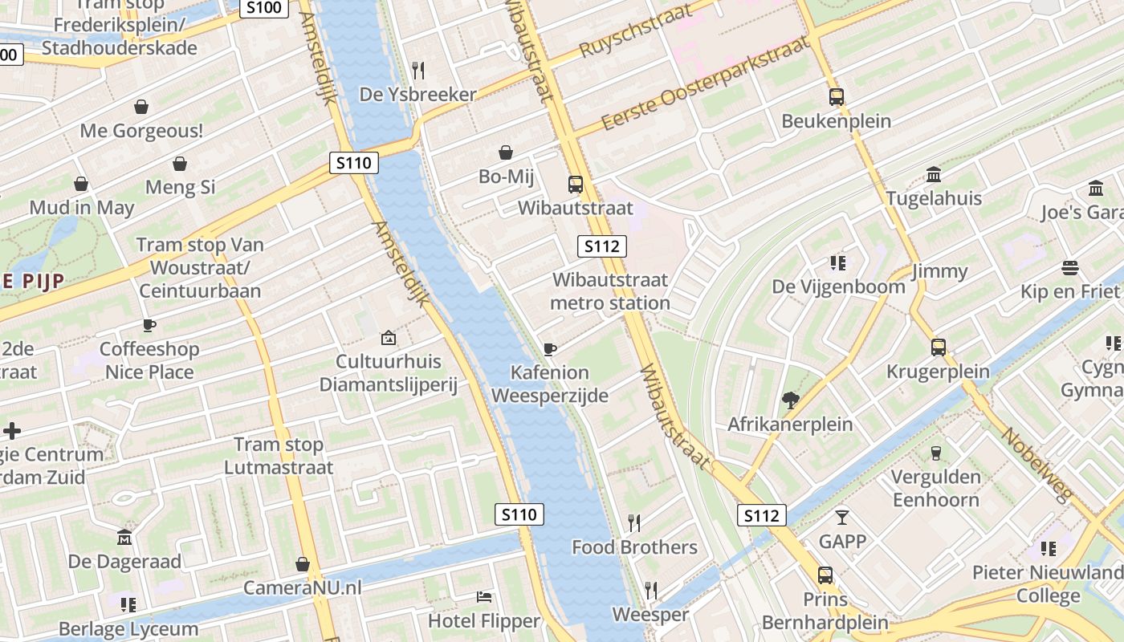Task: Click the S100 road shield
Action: point(264,8)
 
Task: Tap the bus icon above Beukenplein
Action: point(837,97)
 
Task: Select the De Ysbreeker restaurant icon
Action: point(417,70)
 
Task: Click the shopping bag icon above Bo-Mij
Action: point(506,152)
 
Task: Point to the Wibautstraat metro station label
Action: point(611,291)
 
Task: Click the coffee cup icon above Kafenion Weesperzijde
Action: point(550,348)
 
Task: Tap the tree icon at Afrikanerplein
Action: point(790,400)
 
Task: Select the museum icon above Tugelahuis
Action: point(934,174)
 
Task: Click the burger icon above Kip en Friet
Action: point(1069,267)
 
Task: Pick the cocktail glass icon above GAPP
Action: point(842,517)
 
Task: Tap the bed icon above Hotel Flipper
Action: point(484,597)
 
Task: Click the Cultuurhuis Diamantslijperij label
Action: point(389,373)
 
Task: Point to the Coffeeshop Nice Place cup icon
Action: point(149,325)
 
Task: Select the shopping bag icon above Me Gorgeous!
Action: point(141,107)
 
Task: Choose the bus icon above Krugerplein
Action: point(939,347)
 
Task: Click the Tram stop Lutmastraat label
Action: point(279,456)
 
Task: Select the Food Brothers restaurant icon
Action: point(634,523)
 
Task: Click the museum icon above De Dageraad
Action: point(124,537)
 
